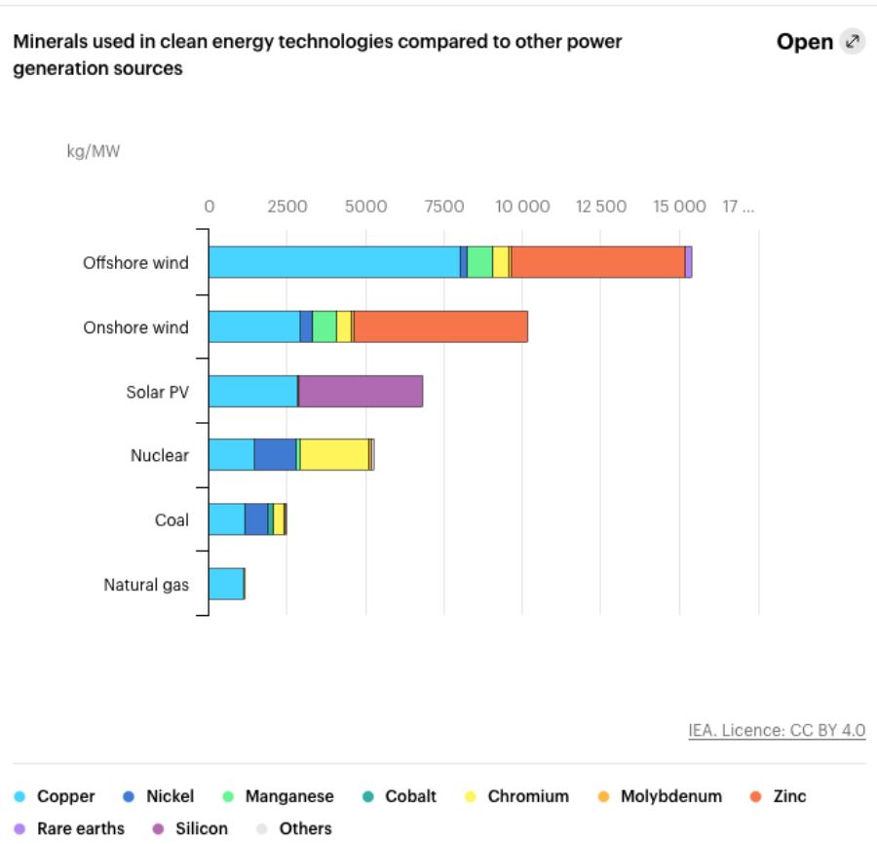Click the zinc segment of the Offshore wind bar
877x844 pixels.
click(x=597, y=262)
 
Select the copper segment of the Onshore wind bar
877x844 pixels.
click(x=254, y=326)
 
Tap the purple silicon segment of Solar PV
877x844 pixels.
click(x=361, y=391)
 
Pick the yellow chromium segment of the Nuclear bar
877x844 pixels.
click(x=334, y=455)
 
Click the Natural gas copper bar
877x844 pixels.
click(x=226, y=584)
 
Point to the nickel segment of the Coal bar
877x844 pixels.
click(x=256, y=519)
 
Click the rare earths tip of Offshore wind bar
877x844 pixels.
click(x=688, y=262)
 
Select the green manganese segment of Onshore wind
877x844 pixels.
click(x=324, y=326)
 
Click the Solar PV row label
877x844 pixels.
click(x=157, y=392)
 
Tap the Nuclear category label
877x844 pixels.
click(x=160, y=455)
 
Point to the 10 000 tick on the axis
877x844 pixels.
click(x=523, y=207)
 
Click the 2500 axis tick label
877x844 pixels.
click(x=287, y=207)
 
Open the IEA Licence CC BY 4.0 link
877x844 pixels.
click(x=777, y=730)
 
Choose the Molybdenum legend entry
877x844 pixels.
click(x=670, y=796)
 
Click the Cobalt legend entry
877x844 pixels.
click(x=409, y=796)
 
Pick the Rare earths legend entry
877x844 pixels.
click(x=80, y=828)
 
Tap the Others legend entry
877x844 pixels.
click(x=304, y=828)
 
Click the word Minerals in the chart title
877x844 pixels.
click(x=47, y=42)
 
